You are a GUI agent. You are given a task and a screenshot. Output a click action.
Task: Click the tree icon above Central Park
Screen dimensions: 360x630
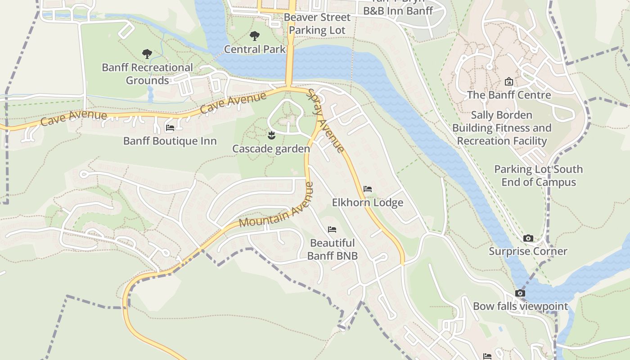tap(254, 36)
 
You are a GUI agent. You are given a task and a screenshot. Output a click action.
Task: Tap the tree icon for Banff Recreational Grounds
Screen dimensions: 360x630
tap(147, 54)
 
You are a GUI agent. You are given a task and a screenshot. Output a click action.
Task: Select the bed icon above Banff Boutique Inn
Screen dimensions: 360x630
tap(170, 128)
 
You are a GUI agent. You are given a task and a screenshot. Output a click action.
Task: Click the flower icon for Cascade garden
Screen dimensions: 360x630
tap(271, 135)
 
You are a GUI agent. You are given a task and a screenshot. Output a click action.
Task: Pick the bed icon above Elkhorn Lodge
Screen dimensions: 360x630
tap(368, 189)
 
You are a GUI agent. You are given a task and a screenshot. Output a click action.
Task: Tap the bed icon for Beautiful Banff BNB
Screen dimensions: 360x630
tap(332, 229)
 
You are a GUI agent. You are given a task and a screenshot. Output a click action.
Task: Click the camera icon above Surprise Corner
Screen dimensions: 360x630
tap(528, 238)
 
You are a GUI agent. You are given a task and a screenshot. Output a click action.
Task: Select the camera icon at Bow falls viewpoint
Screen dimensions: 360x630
tap(520, 293)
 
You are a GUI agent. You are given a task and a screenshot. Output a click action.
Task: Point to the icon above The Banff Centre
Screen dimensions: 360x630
tap(509, 81)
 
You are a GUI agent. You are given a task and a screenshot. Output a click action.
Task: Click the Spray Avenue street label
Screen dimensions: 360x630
tap(326, 121)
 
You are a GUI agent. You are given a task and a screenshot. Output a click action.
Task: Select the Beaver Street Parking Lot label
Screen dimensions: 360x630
tap(317, 24)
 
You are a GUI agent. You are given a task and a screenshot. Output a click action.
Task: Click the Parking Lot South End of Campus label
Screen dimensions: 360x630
tap(538, 175)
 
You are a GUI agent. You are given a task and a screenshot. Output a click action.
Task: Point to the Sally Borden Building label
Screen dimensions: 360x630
tap(502, 128)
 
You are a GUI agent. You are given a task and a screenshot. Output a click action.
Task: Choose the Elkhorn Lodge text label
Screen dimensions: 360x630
tap(368, 202)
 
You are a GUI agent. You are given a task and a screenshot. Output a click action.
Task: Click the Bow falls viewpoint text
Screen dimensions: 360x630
tap(520, 306)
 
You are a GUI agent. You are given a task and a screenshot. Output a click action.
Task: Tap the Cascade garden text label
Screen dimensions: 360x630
tap(271, 148)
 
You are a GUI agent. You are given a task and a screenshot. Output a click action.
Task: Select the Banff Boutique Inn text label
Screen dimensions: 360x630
tap(170, 141)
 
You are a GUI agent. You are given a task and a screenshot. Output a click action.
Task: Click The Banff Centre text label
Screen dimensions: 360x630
tap(509, 95)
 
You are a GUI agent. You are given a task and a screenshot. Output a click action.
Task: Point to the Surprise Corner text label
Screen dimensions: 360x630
tap(528, 251)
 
